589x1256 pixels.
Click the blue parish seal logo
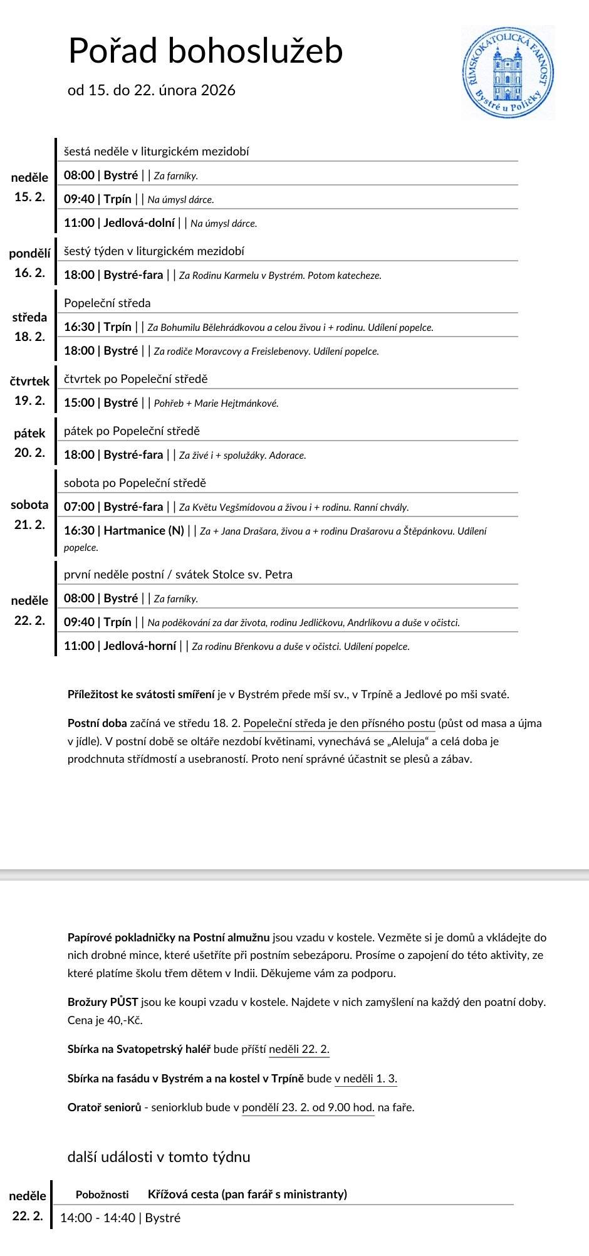tap(508, 73)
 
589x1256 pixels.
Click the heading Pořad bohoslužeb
tap(206, 50)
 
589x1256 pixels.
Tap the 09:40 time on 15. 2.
tap(79, 199)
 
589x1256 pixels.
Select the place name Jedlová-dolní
tap(139, 223)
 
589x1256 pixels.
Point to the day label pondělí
tap(29, 254)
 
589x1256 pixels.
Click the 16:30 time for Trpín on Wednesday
tap(79, 327)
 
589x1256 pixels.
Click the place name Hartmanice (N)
tap(143, 531)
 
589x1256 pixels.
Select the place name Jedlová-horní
tap(140, 646)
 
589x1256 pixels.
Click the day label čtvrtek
tap(29, 381)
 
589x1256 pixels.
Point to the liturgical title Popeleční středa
tap(107, 303)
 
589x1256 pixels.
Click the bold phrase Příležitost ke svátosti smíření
tap(141, 694)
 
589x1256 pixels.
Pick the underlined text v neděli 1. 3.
tap(365, 1079)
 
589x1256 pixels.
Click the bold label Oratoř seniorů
tap(104, 1107)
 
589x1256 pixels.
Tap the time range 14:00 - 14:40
tap(97, 1218)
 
